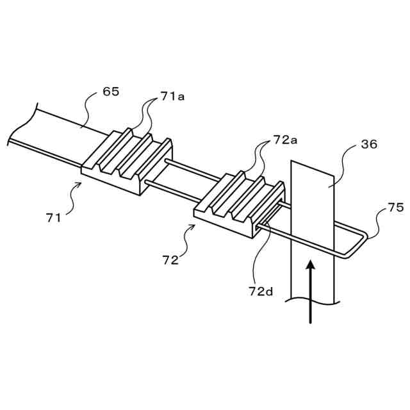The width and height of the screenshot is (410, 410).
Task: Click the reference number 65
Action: (x=111, y=92)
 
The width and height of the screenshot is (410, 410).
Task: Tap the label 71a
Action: (x=173, y=96)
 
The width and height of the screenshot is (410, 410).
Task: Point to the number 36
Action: (x=369, y=144)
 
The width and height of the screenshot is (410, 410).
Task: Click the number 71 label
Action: (x=54, y=218)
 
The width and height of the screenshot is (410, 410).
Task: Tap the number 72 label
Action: (x=170, y=261)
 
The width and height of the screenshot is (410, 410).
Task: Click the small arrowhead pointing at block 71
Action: (x=79, y=184)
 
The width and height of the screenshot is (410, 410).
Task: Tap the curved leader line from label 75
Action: (x=378, y=221)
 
